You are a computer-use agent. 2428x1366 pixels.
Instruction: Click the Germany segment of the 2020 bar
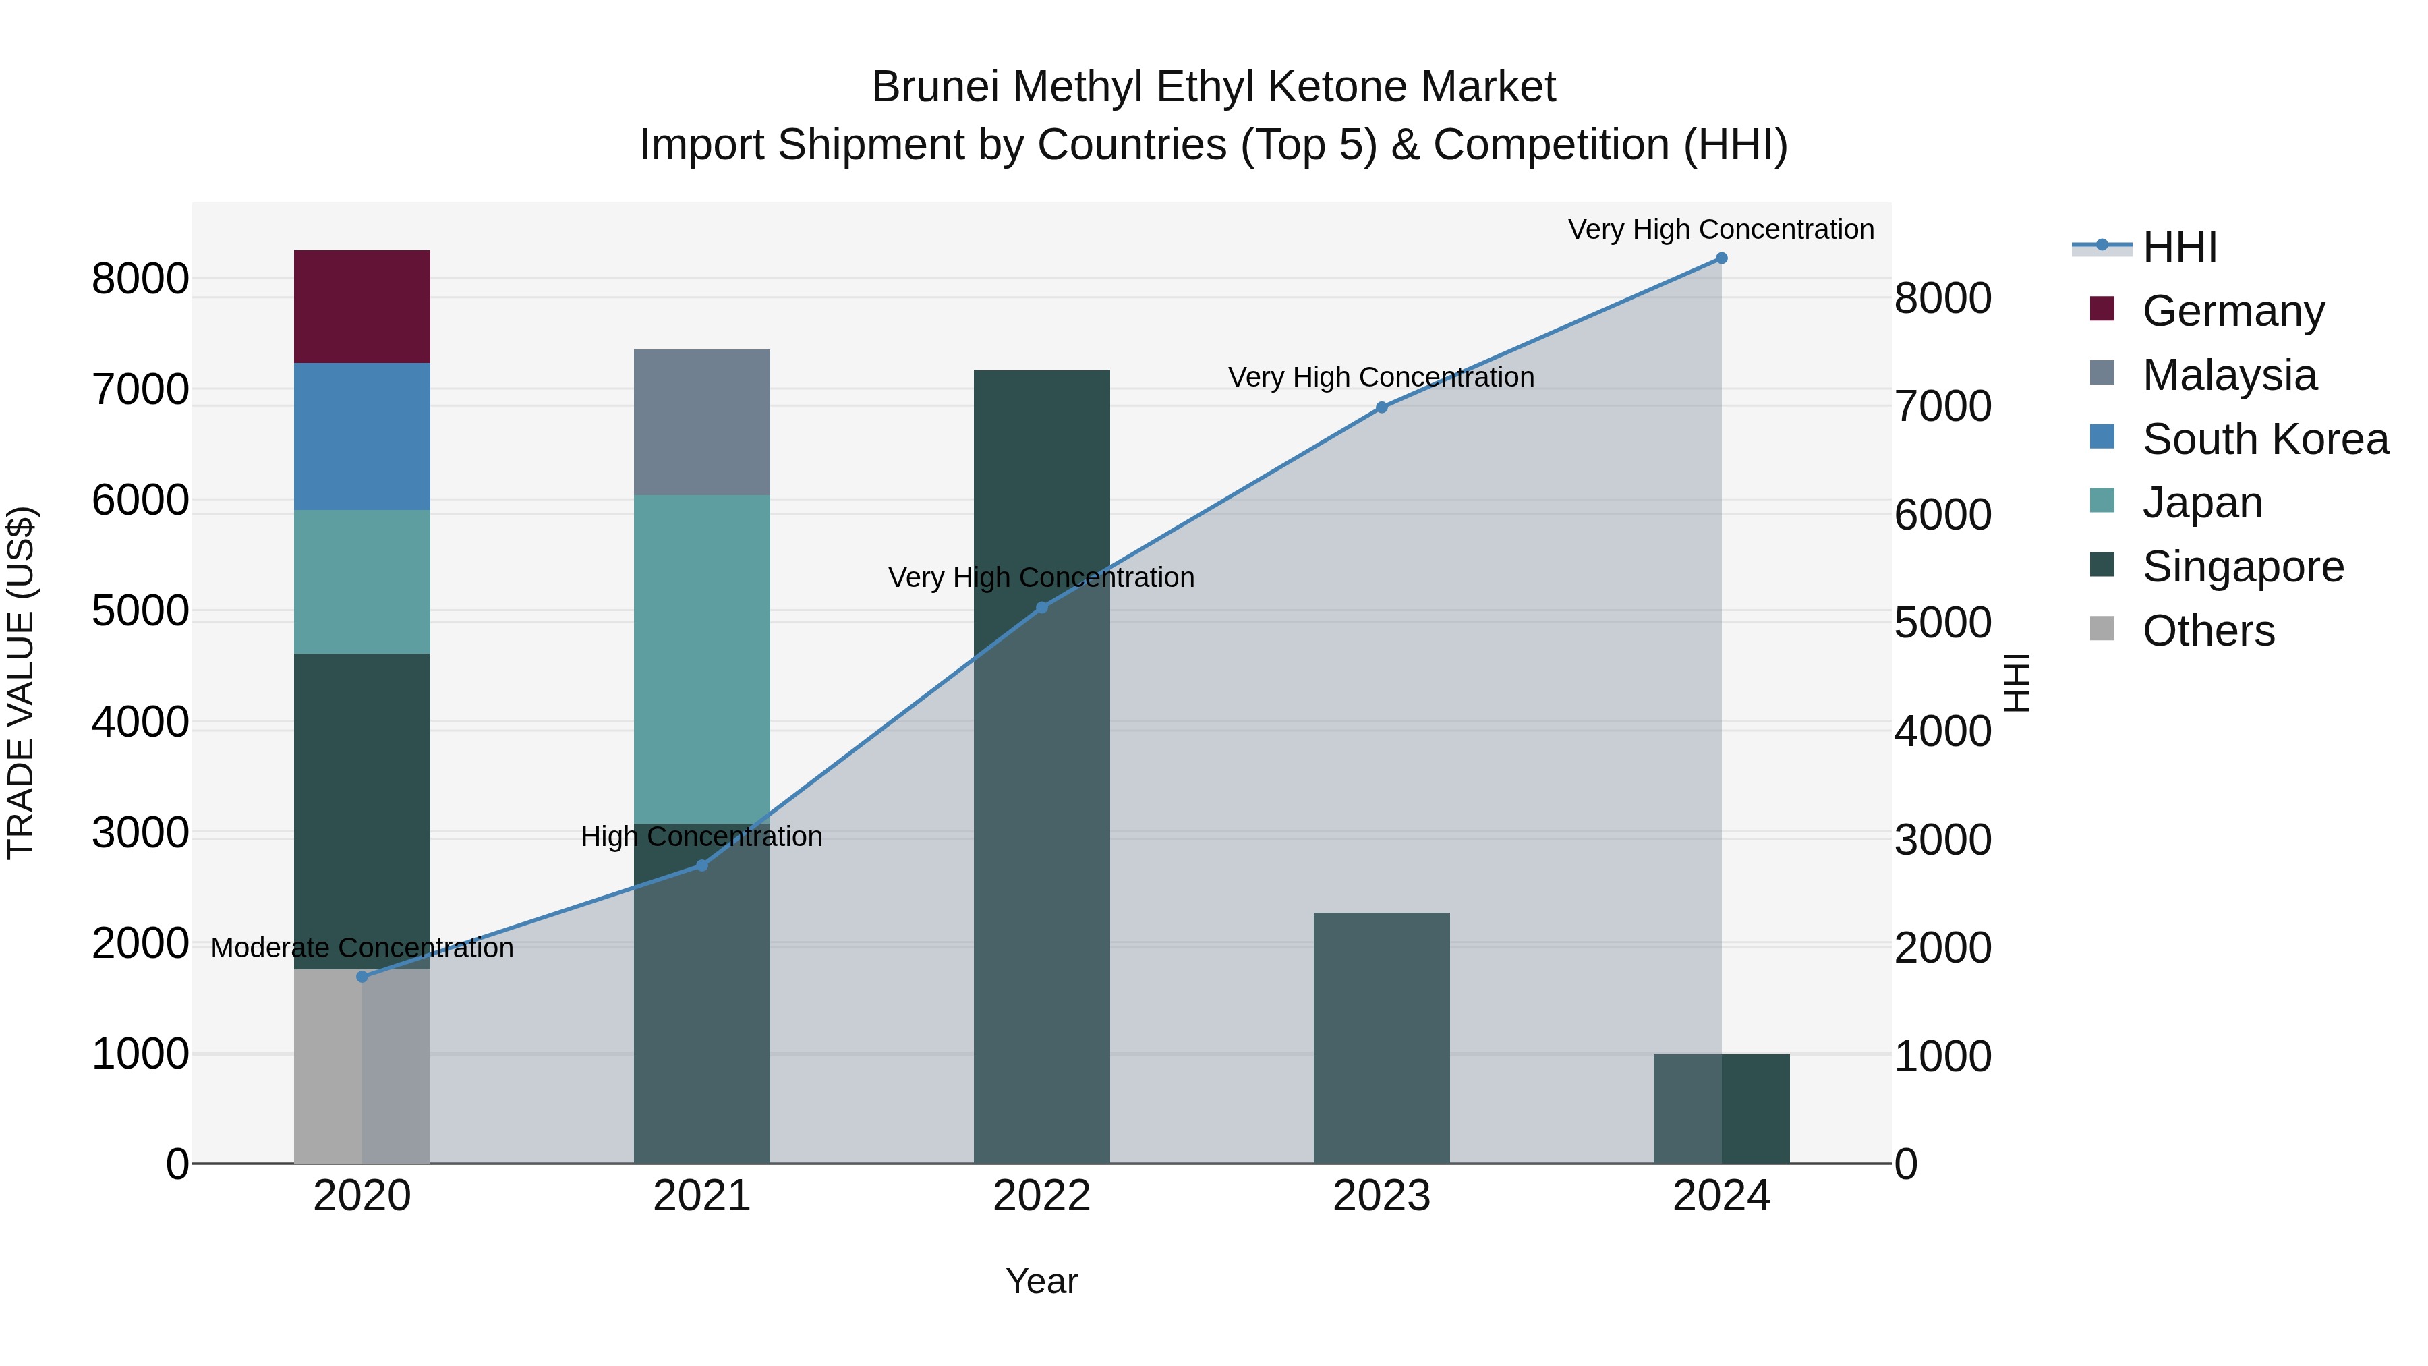click(362, 306)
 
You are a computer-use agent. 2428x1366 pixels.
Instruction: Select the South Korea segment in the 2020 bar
click(362, 436)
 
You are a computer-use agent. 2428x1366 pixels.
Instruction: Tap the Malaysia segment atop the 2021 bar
click(701, 422)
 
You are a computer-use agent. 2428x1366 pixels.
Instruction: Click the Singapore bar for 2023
click(1381, 1037)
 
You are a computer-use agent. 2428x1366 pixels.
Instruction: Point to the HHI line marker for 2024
click(1721, 258)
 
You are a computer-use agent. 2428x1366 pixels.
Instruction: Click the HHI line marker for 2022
click(1041, 607)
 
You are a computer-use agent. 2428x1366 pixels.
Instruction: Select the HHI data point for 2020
click(362, 977)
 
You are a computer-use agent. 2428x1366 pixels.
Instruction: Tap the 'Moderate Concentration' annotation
click(362, 948)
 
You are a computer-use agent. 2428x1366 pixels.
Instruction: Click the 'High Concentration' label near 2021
click(701, 836)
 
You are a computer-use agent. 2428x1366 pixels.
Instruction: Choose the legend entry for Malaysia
click(2228, 375)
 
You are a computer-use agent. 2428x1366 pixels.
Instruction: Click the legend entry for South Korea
click(2264, 439)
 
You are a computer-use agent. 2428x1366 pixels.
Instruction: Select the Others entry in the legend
click(2207, 631)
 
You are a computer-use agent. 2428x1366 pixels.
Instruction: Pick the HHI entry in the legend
click(2178, 247)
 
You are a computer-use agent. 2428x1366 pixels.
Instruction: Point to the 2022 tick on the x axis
click(1041, 1196)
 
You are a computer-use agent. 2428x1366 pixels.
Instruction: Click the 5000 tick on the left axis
click(140, 611)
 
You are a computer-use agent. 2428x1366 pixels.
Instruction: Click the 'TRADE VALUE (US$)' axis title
click(21, 683)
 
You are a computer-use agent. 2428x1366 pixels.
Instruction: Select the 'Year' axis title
click(1041, 1281)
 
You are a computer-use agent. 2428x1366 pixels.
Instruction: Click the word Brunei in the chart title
click(933, 87)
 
